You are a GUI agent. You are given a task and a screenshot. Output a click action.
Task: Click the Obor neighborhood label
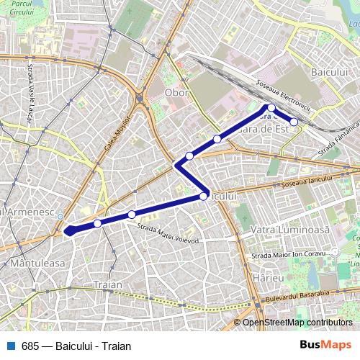[177, 92]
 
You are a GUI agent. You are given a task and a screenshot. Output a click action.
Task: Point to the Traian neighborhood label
[107, 285]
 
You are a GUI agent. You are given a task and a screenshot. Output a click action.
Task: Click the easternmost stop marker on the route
[294, 122]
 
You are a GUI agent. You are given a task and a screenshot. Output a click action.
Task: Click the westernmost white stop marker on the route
[97, 224]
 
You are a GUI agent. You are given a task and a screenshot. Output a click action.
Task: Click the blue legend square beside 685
[11, 345]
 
